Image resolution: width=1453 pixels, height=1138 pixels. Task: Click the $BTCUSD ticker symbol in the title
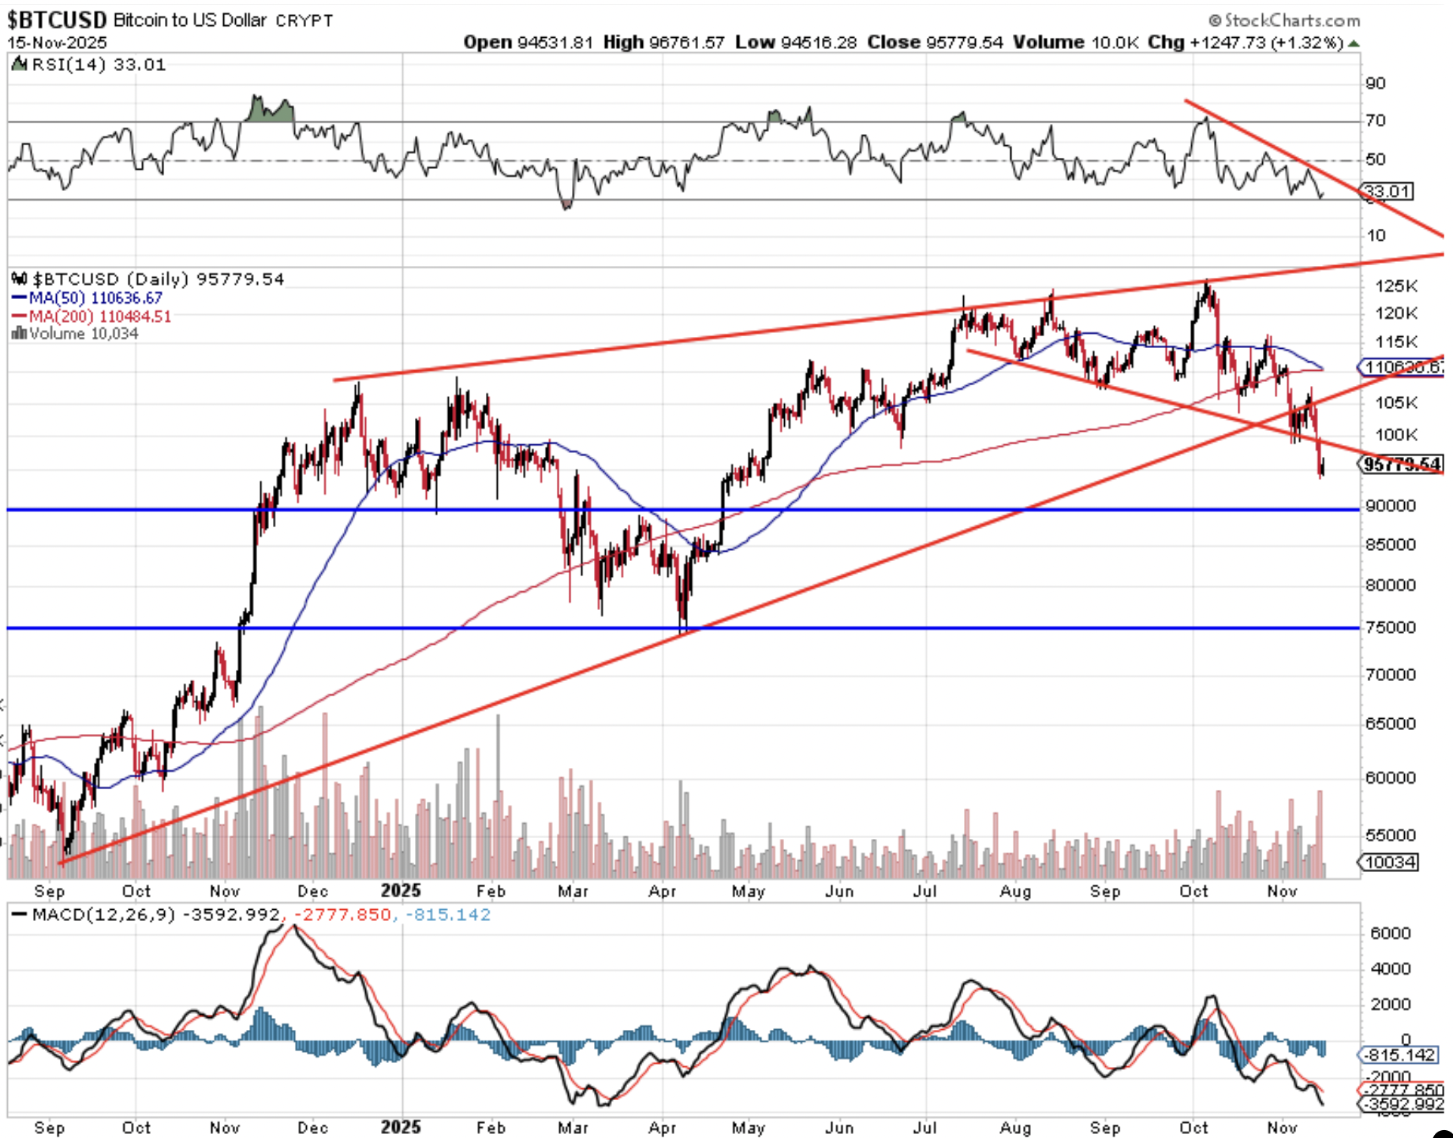(57, 19)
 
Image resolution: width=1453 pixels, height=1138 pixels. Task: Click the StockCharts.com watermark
(1283, 20)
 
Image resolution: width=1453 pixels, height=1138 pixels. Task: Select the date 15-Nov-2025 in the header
(57, 43)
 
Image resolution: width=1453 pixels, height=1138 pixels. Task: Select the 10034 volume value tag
(1390, 863)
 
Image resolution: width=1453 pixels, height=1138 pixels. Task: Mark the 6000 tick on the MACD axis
(1390, 934)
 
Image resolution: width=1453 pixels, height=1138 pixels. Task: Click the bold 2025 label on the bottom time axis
(401, 1127)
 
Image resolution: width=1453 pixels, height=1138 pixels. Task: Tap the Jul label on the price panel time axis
(924, 891)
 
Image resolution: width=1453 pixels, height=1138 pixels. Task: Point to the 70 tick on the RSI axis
(1376, 121)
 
